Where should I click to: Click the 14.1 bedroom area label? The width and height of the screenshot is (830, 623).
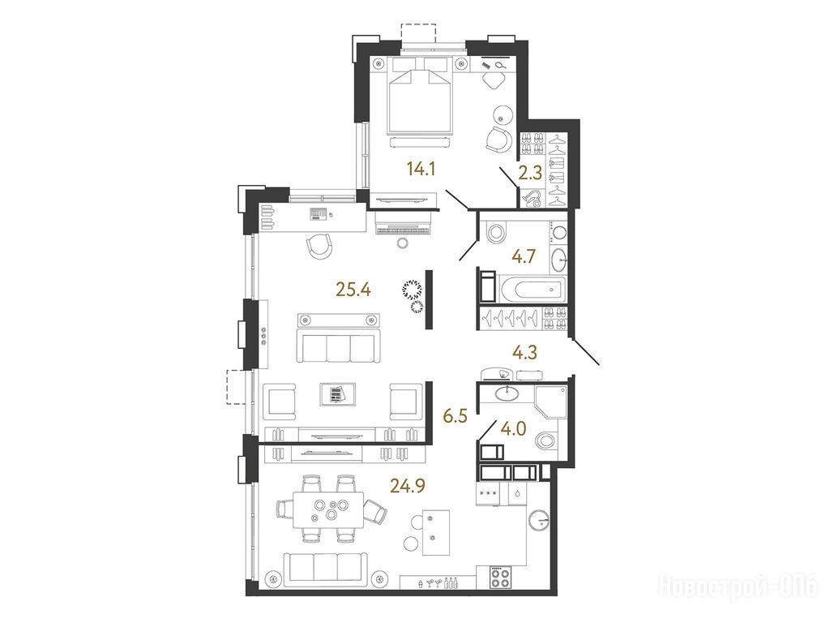[x=421, y=169]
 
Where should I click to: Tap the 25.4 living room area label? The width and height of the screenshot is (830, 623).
[x=353, y=290]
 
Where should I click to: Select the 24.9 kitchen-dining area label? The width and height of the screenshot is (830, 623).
[x=408, y=485]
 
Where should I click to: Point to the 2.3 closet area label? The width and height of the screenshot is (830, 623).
[x=530, y=174]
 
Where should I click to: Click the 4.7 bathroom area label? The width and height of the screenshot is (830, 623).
[x=524, y=256]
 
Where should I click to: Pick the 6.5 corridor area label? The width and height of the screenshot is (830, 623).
[x=456, y=416]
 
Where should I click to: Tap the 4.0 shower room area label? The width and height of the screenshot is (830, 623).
[x=513, y=428]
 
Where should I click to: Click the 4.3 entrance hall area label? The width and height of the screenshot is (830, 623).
[x=525, y=352]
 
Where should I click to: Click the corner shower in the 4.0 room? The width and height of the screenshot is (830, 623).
[x=551, y=402]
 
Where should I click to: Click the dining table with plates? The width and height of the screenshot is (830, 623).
[x=329, y=509]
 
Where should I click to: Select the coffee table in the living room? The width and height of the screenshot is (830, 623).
[x=338, y=395]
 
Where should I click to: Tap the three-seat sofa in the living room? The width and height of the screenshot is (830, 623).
[x=339, y=345]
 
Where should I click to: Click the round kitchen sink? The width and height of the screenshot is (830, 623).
[x=540, y=520]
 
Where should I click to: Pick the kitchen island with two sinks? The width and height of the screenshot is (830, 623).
[x=436, y=532]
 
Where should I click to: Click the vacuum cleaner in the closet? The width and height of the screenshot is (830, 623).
[x=532, y=198]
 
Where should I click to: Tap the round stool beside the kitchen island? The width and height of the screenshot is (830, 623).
[x=412, y=544]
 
